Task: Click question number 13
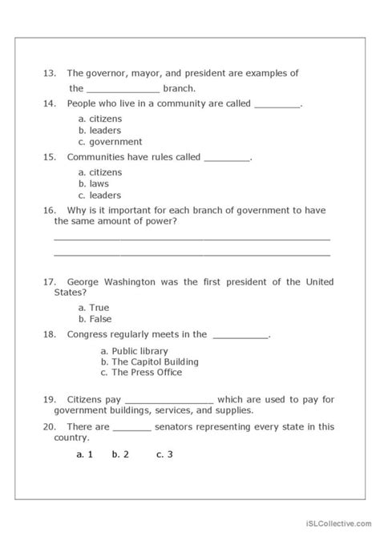(50, 74)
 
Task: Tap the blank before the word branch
(123, 89)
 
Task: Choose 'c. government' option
(110, 142)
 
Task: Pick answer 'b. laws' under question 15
(93, 184)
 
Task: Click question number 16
(50, 210)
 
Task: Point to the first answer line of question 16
(192, 238)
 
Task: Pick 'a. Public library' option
(134, 351)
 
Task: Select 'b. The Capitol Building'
(149, 361)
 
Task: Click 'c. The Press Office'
(141, 373)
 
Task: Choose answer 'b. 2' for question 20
(121, 454)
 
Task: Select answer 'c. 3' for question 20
(165, 454)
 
